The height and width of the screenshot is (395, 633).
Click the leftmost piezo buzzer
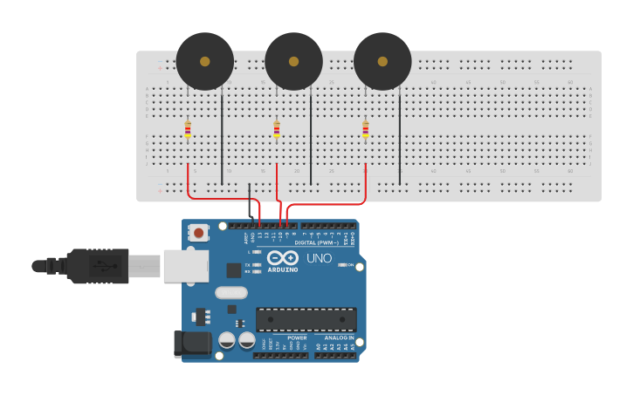pyautogui.click(x=205, y=61)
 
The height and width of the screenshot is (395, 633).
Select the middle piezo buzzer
pyautogui.click(x=293, y=61)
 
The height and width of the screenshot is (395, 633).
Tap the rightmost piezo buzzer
pyautogui.click(x=382, y=61)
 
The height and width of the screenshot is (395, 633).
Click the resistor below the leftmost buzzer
pyautogui.click(x=188, y=130)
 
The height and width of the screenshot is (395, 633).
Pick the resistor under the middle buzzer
pyautogui.click(x=277, y=130)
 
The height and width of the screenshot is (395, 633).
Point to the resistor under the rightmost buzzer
pyautogui.click(x=365, y=130)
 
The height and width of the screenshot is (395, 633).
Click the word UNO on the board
pyautogui.click(x=319, y=258)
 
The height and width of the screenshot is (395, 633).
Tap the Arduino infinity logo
pyautogui.click(x=283, y=257)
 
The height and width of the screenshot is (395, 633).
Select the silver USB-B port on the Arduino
pyautogui.click(x=186, y=265)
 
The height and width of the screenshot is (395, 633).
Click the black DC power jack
pyautogui.click(x=192, y=343)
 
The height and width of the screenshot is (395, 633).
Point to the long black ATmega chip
pyautogui.click(x=306, y=319)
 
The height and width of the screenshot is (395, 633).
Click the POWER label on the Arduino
pyautogui.click(x=297, y=337)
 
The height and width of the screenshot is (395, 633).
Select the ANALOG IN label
pyautogui.click(x=339, y=337)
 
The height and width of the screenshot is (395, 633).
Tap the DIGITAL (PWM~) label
pyautogui.click(x=316, y=242)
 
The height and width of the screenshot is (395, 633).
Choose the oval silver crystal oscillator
pyautogui.click(x=231, y=293)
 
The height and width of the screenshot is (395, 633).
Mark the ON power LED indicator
pyautogui.click(x=343, y=264)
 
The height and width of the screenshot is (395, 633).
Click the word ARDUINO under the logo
pyautogui.click(x=283, y=269)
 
